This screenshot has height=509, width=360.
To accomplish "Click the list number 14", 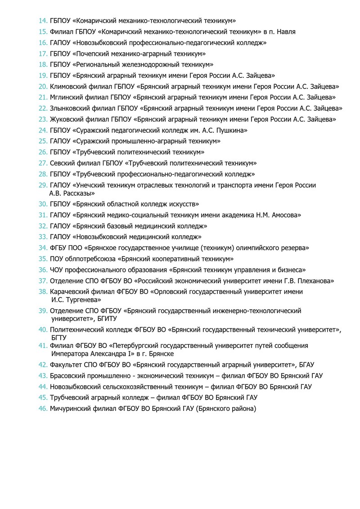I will tap(43, 21).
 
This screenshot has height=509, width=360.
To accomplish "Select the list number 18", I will tap(43, 64).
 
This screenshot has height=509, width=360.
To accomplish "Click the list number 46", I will tap(43, 409).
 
